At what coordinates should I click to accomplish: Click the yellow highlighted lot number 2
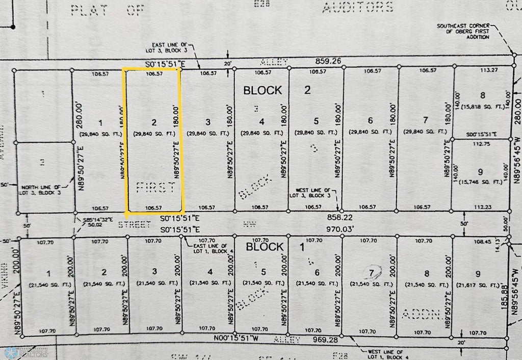tap(153, 122)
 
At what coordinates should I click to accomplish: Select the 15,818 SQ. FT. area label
tap(483, 107)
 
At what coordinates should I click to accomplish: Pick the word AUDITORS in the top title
tap(357, 7)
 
